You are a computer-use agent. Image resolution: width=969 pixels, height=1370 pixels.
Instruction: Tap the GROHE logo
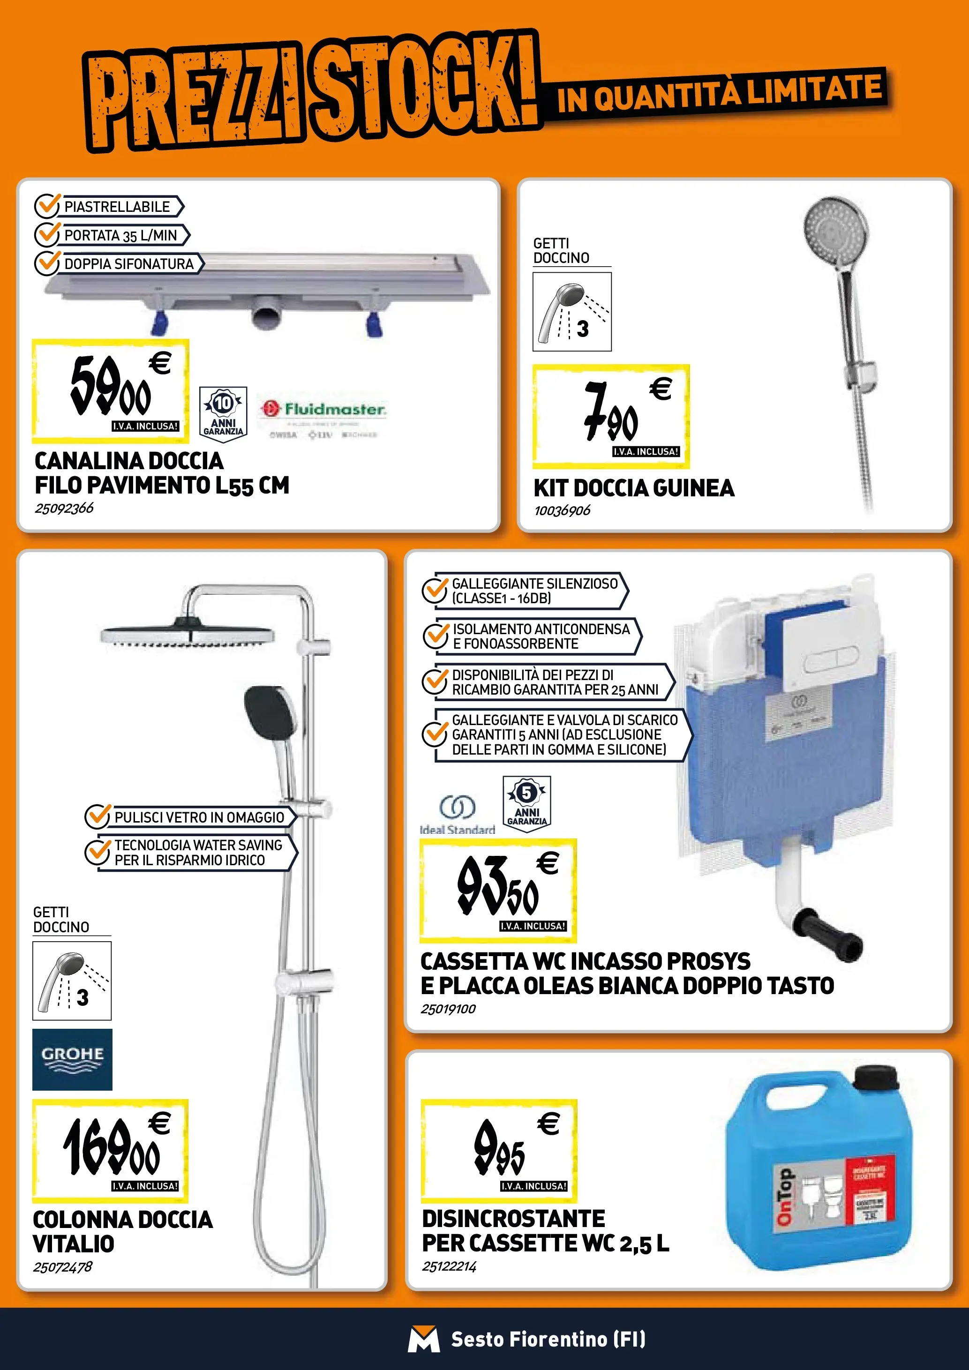point(72,1059)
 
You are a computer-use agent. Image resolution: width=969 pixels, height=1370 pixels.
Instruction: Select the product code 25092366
point(64,509)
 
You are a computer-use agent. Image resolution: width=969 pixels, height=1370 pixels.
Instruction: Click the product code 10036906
point(562,511)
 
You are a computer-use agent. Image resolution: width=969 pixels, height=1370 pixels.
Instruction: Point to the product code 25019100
point(448,1009)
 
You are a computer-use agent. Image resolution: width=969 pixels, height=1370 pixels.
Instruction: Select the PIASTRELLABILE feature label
point(117,206)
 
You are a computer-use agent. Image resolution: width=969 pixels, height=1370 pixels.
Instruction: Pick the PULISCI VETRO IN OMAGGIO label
point(199,817)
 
